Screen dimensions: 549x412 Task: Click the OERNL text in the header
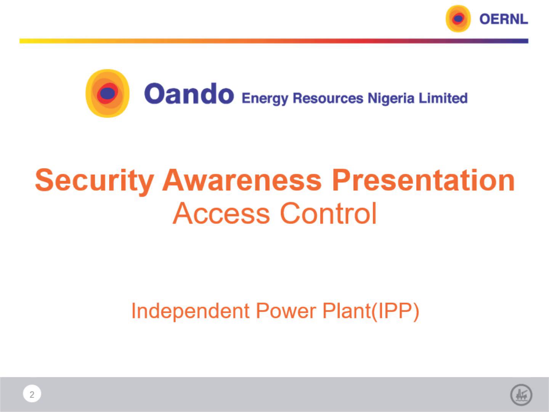504,19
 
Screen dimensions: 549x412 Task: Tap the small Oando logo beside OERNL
458,19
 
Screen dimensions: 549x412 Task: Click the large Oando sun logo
108,93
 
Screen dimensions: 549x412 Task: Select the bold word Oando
189,93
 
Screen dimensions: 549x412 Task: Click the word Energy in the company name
265,98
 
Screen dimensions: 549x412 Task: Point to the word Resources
328,98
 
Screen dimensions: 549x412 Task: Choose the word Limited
443,98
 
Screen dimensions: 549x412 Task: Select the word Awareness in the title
242,180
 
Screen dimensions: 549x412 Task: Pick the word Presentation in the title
423,180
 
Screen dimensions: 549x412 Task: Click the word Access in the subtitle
222,213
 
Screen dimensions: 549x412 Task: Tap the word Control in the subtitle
328,213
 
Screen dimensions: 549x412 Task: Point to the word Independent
191,311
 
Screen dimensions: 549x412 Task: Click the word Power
286,311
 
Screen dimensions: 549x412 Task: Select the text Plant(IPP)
371,311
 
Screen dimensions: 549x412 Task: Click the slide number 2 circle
32,394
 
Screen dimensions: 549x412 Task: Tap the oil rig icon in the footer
521,395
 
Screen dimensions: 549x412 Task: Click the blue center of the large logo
108,93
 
